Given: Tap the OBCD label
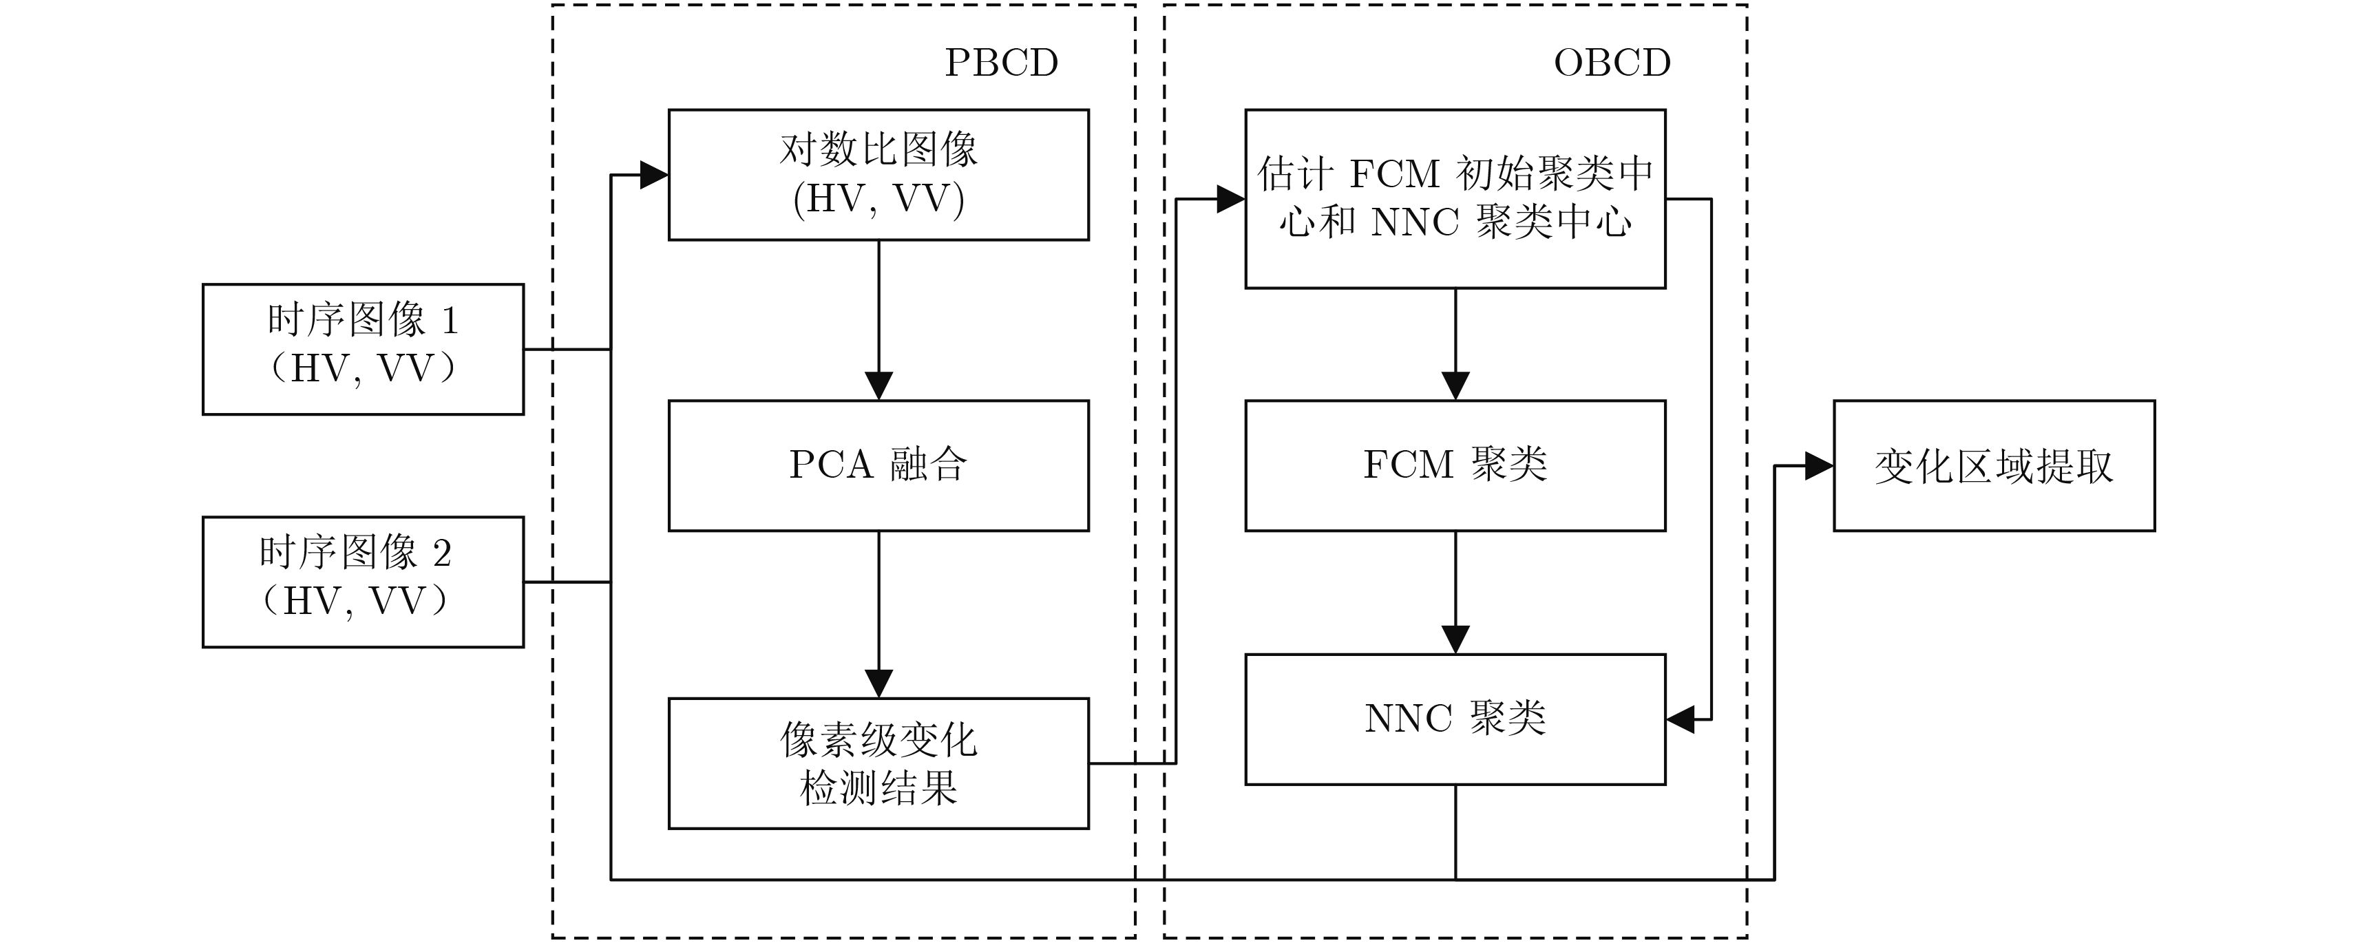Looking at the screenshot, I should (x=1611, y=62).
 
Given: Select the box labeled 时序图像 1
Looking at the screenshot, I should (x=363, y=349).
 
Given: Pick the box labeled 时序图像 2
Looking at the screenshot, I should (x=363, y=582).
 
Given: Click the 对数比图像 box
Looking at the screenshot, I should (x=878, y=175).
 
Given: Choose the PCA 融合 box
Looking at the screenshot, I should (x=878, y=465).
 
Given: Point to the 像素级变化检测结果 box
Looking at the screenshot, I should (x=878, y=763).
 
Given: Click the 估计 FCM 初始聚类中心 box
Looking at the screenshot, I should (x=1455, y=199).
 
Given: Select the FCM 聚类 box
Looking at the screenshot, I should (x=1455, y=465).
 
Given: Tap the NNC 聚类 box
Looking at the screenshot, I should (x=1455, y=719).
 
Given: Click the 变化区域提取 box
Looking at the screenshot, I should (x=1994, y=465).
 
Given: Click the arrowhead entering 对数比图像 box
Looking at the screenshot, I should (x=653, y=175).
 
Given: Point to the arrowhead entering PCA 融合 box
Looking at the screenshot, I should (x=878, y=385).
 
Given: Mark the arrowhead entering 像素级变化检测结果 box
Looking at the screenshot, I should (x=878, y=683).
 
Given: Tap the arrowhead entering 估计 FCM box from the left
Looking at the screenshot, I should (x=1230, y=199).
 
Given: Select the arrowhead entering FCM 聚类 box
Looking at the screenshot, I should (x=1455, y=385).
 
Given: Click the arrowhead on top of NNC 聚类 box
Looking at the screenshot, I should (x=1455, y=639).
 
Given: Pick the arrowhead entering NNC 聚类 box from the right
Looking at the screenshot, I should (x=1681, y=719).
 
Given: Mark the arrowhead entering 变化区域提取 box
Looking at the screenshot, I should (x=1818, y=466).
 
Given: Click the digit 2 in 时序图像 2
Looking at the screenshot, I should (x=441, y=553).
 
